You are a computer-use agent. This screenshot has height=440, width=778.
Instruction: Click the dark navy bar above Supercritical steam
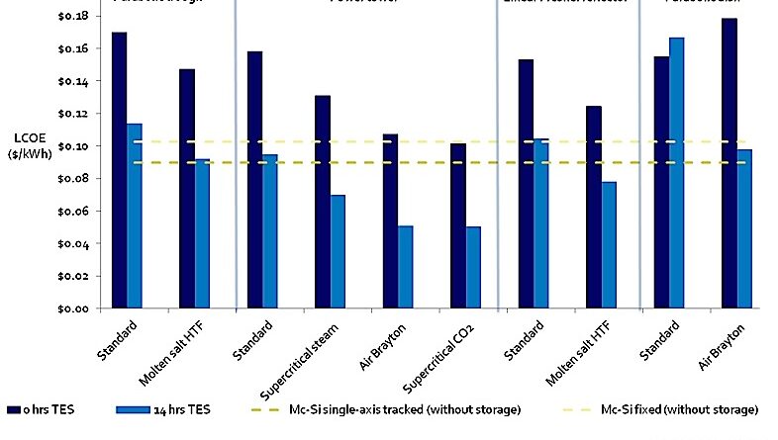click(x=322, y=202)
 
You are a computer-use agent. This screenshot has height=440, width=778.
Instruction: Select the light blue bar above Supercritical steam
click(x=338, y=251)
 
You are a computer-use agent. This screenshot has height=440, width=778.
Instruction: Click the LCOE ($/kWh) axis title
click(x=24, y=146)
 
